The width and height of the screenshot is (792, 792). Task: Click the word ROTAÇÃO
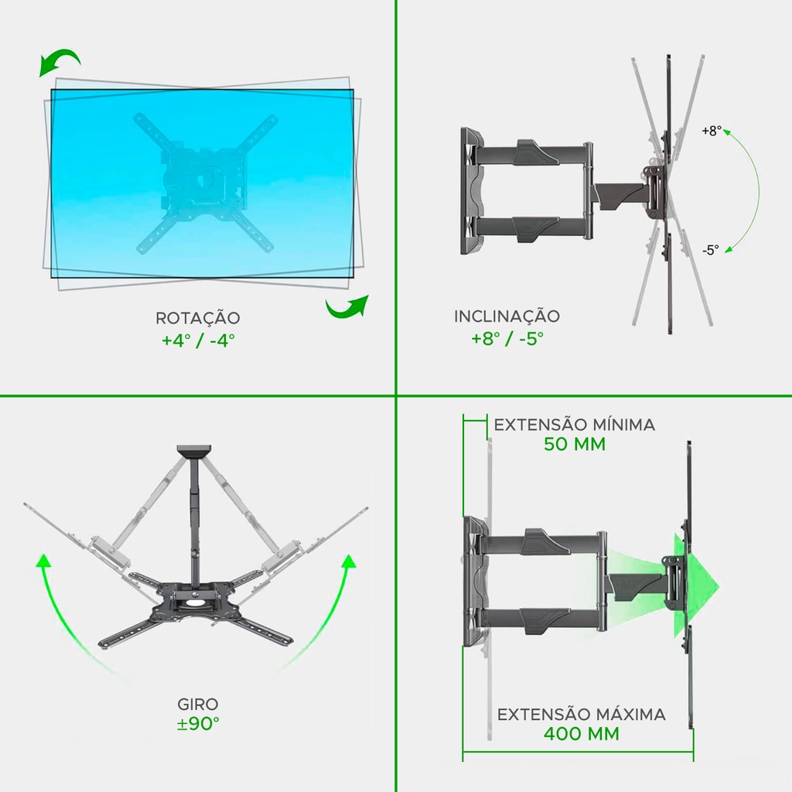coord(197,318)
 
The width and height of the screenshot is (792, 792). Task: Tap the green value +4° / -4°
coord(198,340)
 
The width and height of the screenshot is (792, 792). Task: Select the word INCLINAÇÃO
coord(507,316)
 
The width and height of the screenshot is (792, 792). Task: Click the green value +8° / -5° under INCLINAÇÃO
coord(507,338)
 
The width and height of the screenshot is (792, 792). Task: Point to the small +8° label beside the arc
coord(712,131)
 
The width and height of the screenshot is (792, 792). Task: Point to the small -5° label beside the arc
coord(710,250)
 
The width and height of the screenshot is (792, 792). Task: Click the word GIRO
coord(197,704)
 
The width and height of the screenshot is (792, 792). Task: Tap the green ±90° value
coord(198,723)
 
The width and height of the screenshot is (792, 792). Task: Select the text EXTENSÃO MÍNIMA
coord(575,425)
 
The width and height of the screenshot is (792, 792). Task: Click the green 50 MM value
coord(575,444)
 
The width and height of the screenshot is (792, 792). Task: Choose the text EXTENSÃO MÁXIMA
coord(582,714)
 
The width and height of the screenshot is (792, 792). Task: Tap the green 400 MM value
coord(582,733)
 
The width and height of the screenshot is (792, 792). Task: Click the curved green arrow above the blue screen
coord(60,60)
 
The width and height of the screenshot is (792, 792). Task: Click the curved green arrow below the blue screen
coord(347,307)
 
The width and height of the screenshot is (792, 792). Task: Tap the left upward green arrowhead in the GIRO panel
coord(43,561)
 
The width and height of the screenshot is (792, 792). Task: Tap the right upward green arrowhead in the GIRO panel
coord(349,562)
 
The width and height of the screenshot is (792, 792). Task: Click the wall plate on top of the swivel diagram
coord(193,451)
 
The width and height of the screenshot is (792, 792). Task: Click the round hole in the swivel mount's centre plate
coord(193,602)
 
